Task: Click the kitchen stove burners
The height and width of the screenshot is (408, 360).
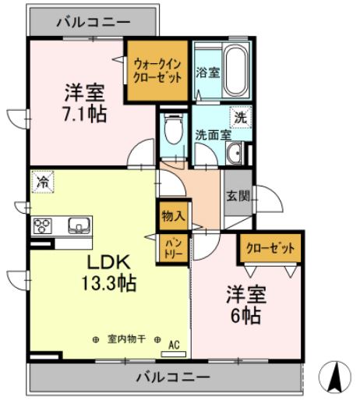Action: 42,227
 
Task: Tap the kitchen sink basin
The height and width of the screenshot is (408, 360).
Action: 79,226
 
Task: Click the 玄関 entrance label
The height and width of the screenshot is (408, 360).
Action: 238,196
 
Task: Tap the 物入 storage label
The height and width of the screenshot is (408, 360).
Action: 173,216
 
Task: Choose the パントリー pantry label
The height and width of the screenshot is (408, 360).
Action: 173,249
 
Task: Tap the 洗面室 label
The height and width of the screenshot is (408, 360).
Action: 212,133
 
